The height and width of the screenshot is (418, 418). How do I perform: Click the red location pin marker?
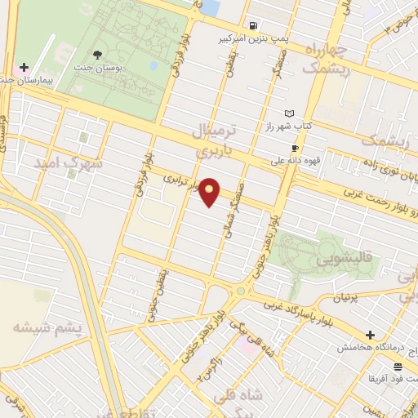(210, 191)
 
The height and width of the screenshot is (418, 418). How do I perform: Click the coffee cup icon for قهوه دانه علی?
(295, 148)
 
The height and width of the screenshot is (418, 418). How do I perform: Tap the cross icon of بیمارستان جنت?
(24, 67)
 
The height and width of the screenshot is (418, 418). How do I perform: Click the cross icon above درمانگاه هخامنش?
(371, 335)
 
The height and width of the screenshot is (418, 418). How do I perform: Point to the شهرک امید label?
(69, 163)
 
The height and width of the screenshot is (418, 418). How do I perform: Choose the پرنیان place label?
(357, 299)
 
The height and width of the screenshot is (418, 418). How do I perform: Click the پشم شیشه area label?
(47, 327)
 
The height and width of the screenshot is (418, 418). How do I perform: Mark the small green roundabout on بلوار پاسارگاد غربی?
(241, 291)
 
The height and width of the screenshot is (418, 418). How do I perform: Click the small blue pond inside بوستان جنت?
(153, 64)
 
